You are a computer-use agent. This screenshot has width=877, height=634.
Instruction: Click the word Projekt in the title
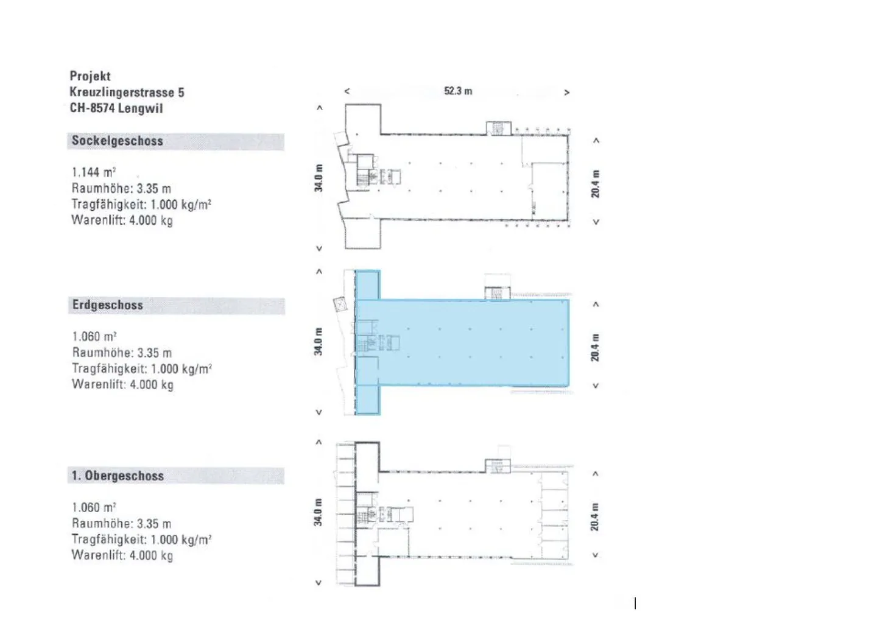tap(90, 76)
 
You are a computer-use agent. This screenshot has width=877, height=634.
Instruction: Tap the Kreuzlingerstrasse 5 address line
tap(127, 93)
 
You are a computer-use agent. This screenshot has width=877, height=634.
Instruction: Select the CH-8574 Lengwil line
tap(116, 108)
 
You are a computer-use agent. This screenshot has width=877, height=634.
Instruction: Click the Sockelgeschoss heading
tap(118, 141)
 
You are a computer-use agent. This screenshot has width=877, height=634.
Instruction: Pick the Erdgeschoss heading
tap(108, 305)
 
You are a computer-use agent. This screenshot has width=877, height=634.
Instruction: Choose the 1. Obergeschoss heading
tap(118, 476)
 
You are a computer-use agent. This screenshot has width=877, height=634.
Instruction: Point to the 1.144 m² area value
tap(94, 172)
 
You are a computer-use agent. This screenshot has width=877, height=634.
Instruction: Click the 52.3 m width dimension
tap(458, 91)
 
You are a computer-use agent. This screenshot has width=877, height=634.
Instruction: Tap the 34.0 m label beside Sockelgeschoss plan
tap(319, 178)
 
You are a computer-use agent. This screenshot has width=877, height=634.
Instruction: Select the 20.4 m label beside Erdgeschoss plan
tap(594, 347)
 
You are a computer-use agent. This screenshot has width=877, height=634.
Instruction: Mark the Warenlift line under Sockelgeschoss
tap(122, 220)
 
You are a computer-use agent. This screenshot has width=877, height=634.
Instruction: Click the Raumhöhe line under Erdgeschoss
tap(122, 353)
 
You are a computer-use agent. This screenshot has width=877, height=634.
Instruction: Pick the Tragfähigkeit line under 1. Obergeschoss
tap(142, 540)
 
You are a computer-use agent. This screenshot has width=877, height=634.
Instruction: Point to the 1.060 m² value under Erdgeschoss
tap(94, 336)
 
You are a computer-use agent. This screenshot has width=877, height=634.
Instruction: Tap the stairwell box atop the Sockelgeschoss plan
tap(498, 129)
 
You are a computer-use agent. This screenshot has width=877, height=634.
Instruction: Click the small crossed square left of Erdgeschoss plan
tap(339, 304)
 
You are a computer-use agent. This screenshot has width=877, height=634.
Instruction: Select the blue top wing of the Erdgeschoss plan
tap(368, 285)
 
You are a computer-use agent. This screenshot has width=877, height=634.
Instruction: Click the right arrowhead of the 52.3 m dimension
tap(566, 93)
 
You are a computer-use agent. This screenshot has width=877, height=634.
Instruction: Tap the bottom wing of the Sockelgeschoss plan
tap(363, 234)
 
